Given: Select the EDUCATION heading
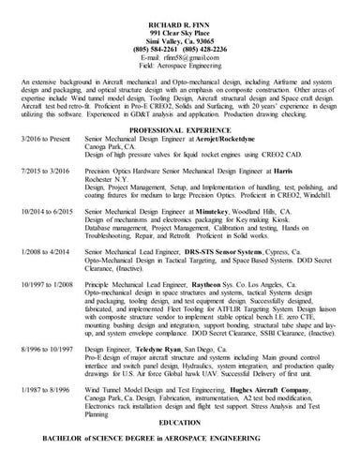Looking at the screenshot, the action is click(x=179, y=423).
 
